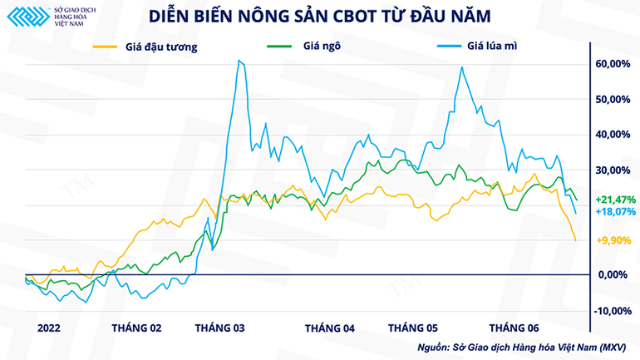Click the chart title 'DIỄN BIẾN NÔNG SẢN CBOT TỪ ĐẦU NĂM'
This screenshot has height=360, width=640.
(319, 16)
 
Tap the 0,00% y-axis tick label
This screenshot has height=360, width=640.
(613, 275)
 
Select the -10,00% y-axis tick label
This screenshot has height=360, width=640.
(611, 311)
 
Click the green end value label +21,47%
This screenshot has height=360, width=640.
(616, 200)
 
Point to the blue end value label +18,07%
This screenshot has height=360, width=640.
(616, 212)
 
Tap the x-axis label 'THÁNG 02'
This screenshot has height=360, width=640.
(136, 328)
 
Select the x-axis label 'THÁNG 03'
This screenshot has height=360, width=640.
(219, 328)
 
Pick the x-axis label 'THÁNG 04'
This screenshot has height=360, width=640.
(329, 328)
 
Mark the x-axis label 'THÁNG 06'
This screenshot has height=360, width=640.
(514, 328)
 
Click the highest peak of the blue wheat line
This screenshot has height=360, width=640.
(239, 61)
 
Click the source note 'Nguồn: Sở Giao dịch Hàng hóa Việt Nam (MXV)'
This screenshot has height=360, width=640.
(521, 347)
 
